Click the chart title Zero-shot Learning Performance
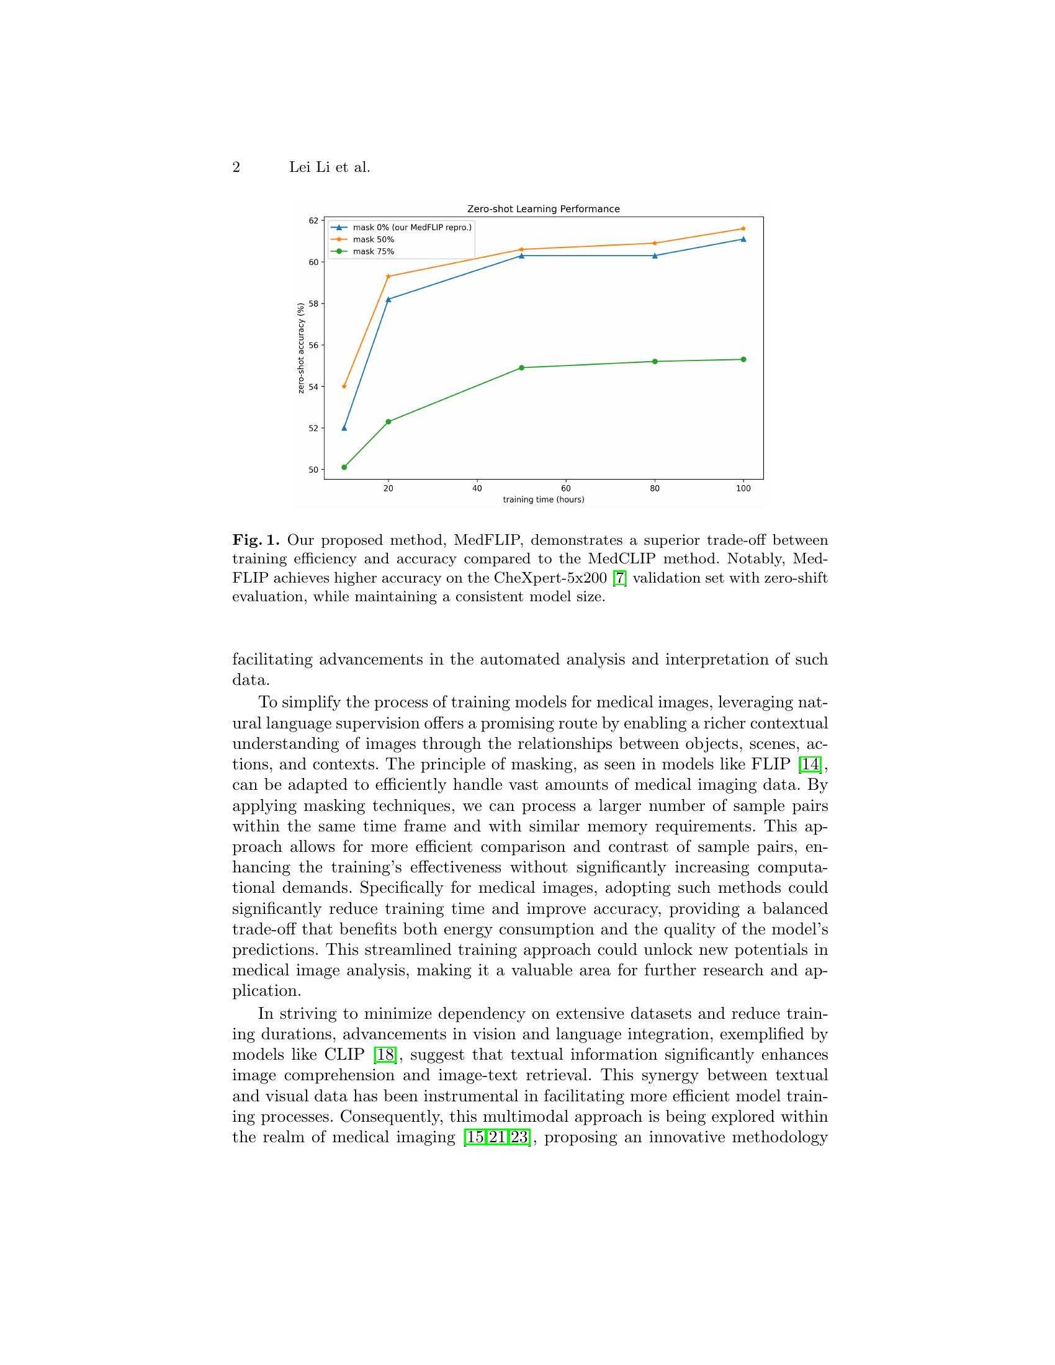click(543, 208)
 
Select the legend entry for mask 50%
click(373, 239)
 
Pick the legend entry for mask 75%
click(373, 252)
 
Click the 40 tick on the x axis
click(477, 488)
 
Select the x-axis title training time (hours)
click(543, 500)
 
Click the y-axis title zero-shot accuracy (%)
click(301, 348)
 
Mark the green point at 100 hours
click(743, 359)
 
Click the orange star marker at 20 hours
click(388, 276)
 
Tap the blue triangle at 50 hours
click(521, 256)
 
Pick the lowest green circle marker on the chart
click(344, 467)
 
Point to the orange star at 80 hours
click(654, 243)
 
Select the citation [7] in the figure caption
click(619, 578)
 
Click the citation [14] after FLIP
click(810, 764)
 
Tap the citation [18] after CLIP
click(384, 1055)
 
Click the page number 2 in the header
click(236, 168)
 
